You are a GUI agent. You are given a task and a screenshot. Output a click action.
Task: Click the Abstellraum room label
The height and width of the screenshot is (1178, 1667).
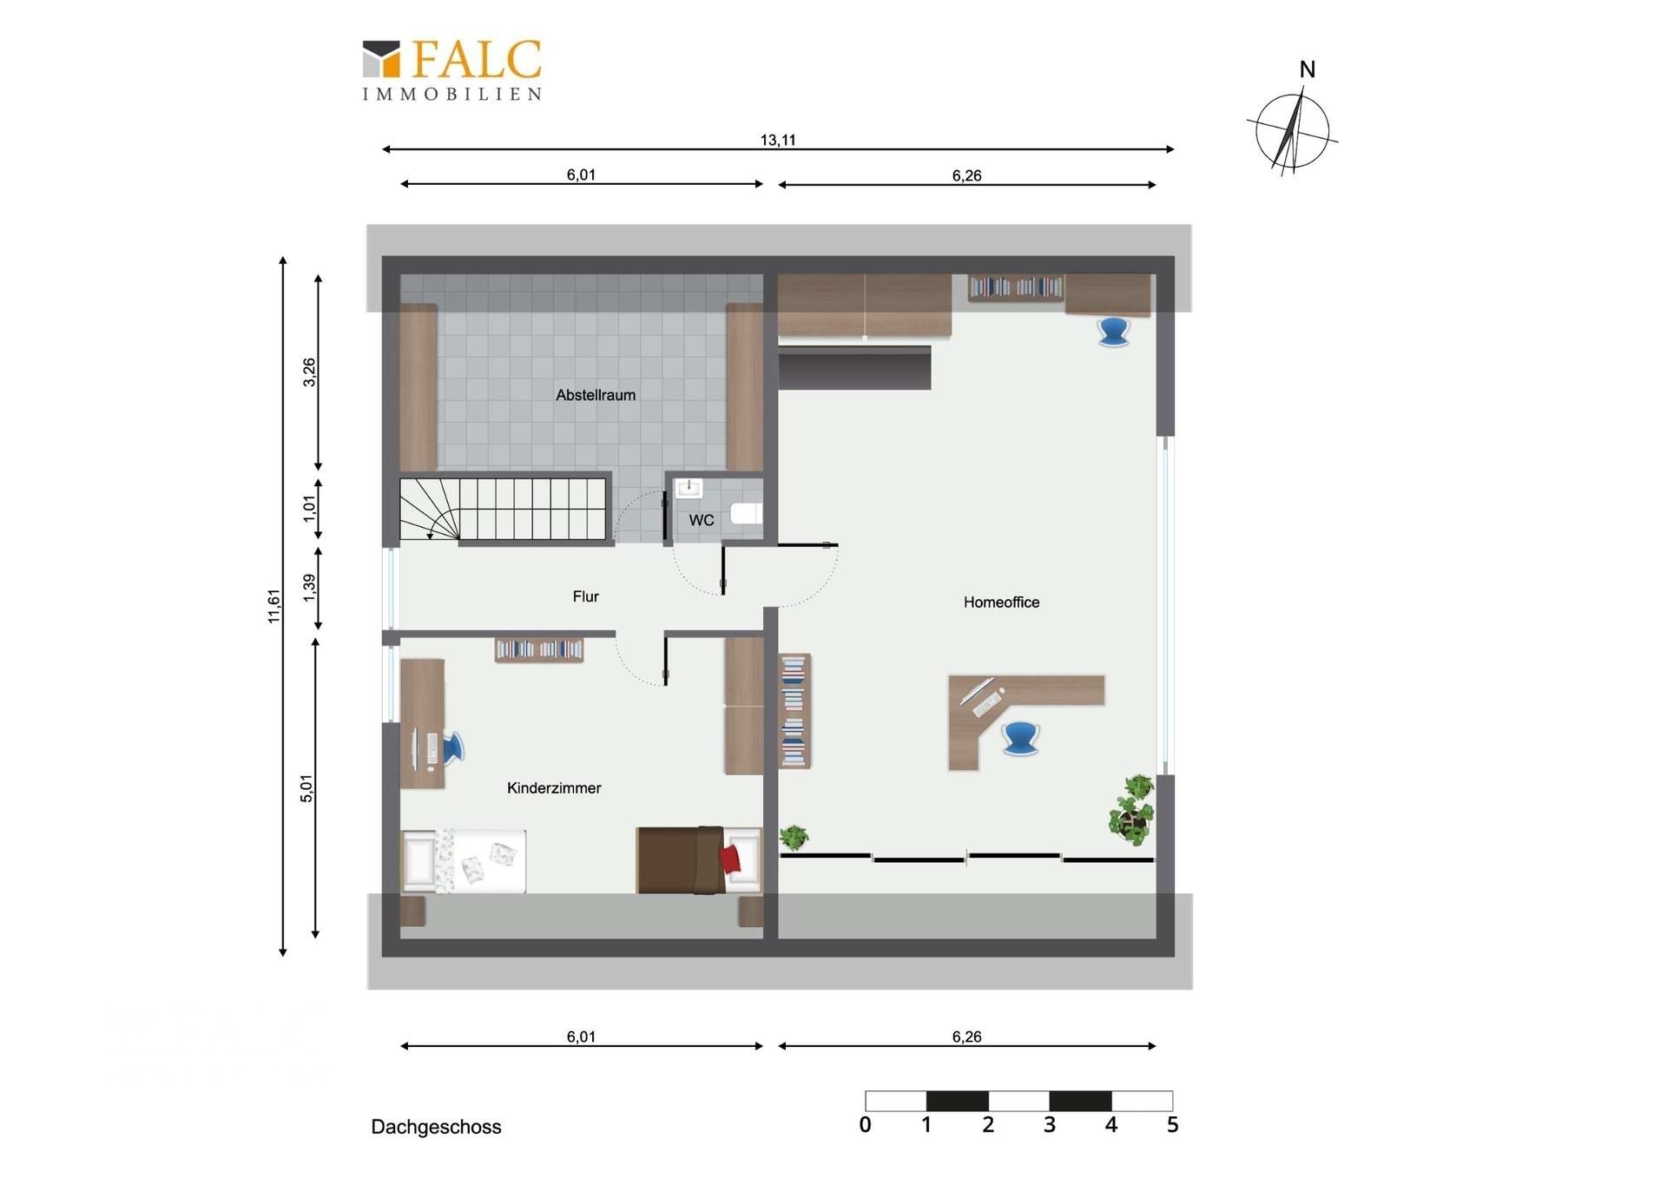596,395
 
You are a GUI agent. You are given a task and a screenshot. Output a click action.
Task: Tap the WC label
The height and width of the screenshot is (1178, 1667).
702,520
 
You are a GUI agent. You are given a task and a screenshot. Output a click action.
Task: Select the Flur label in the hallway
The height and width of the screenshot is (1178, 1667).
585,596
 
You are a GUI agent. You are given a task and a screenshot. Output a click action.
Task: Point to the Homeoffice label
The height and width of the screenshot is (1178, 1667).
1001,602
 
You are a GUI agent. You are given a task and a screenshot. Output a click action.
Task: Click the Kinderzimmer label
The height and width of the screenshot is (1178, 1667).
554,788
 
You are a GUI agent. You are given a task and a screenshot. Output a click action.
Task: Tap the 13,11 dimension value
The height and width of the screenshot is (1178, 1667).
778,140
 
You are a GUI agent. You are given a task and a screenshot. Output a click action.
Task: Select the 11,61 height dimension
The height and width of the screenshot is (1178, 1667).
274,606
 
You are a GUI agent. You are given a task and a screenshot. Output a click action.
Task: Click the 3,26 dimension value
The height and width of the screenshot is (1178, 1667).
309,372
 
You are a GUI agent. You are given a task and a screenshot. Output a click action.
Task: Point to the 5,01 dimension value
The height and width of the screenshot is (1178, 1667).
306,788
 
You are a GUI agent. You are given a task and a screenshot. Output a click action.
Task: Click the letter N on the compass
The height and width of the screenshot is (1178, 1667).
1308,69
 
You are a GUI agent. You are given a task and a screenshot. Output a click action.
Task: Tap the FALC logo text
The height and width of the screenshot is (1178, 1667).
477,60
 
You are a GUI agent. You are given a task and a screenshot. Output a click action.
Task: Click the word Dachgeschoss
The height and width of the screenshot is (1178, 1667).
436,1127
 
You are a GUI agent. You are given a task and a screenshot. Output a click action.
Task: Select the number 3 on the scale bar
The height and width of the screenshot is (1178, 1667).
1050,1125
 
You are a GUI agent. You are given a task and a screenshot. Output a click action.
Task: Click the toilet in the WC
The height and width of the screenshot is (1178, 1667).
747,513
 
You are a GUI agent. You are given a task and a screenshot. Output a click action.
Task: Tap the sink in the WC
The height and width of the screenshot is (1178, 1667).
689,488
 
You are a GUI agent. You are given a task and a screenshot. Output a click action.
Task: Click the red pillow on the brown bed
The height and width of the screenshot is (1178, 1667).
730,859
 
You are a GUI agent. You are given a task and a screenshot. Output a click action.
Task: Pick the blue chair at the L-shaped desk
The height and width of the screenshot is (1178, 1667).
1020,738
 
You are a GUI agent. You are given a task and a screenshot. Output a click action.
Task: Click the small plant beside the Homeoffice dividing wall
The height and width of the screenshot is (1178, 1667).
794,838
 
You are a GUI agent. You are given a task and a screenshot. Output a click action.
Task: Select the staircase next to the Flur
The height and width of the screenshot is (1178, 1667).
504,509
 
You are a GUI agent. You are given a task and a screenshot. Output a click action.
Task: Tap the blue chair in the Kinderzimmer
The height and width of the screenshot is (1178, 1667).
453,748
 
